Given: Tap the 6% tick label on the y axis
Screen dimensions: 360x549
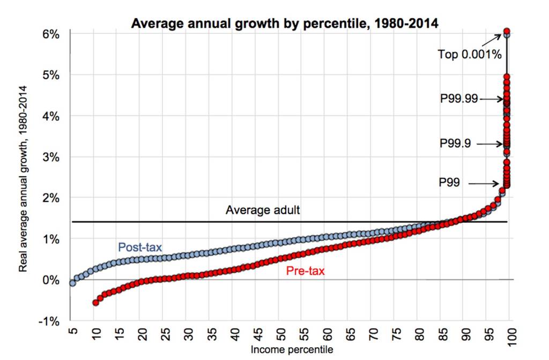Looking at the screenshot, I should pyautogui.click(x=51, y=33).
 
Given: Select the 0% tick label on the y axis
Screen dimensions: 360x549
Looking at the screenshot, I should pyautogui.click(x=51, y=280).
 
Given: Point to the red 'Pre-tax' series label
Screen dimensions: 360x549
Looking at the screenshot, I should pyautogui.click(x=305, y=272).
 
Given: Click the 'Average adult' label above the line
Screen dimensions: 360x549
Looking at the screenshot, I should pyautogui.click(x=263, y=209).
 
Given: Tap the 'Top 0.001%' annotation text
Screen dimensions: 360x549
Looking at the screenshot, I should pyautogui.click(x=470, y=54).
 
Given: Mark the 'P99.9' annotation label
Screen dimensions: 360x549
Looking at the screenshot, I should pyautogui.click(x=458, y=144).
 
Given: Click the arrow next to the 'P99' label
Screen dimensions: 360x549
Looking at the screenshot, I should pyautogui.click(x=485, y=184).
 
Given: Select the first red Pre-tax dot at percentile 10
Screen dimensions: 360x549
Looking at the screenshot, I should pyautogui.click(x=96, y=303).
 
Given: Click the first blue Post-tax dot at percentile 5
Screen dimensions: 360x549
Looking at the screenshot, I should pyautogui.click(x=72, y=283).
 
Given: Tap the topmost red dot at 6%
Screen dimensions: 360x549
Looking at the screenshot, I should pyautogui.click(x=507, y=31).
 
